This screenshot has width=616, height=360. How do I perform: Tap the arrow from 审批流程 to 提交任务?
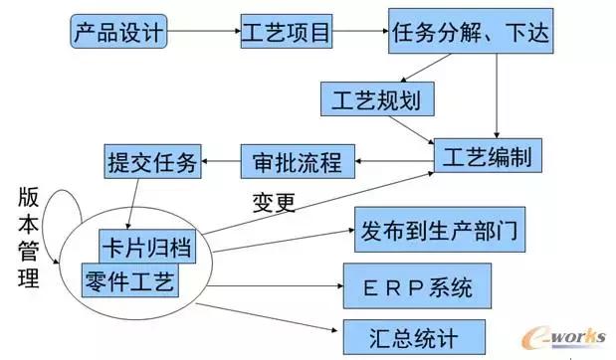click(x=222, y=158)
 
